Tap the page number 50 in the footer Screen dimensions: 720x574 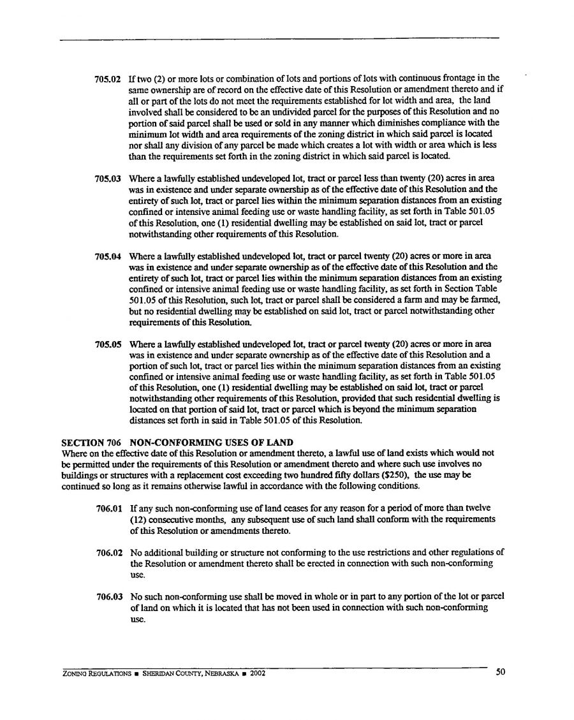500,672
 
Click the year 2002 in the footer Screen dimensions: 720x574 257,673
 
